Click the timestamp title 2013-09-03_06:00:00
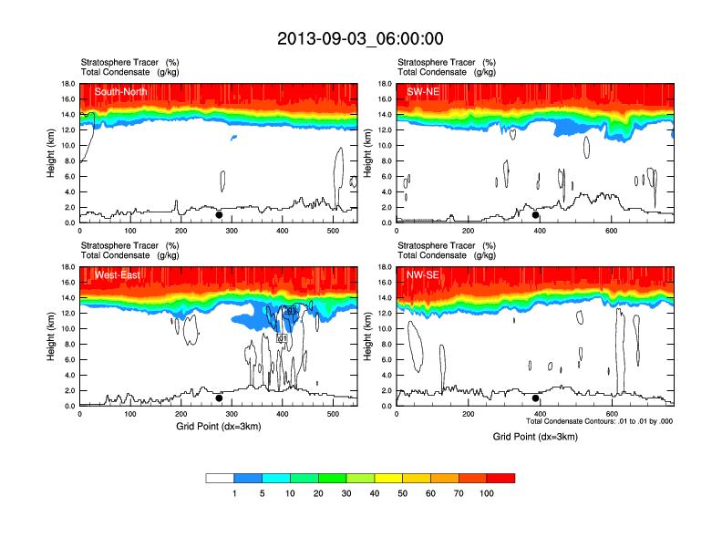(x=360, y=38)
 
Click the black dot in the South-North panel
(x=219, y=215)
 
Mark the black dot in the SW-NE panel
(x=536, y=215)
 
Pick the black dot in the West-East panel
(x=219, y=398)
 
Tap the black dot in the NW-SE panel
(x=536, y=398)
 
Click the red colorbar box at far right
(x=500, y=478)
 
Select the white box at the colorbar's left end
(x=220, y=478)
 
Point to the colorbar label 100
(x=487, y=493)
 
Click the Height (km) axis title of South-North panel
(x=53, y=153)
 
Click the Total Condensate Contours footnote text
(x=599, y=421)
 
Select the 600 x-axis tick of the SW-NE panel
(x=610, y=231)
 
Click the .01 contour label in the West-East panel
(x=282, y=338)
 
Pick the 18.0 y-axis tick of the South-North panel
(x=67, y=84)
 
